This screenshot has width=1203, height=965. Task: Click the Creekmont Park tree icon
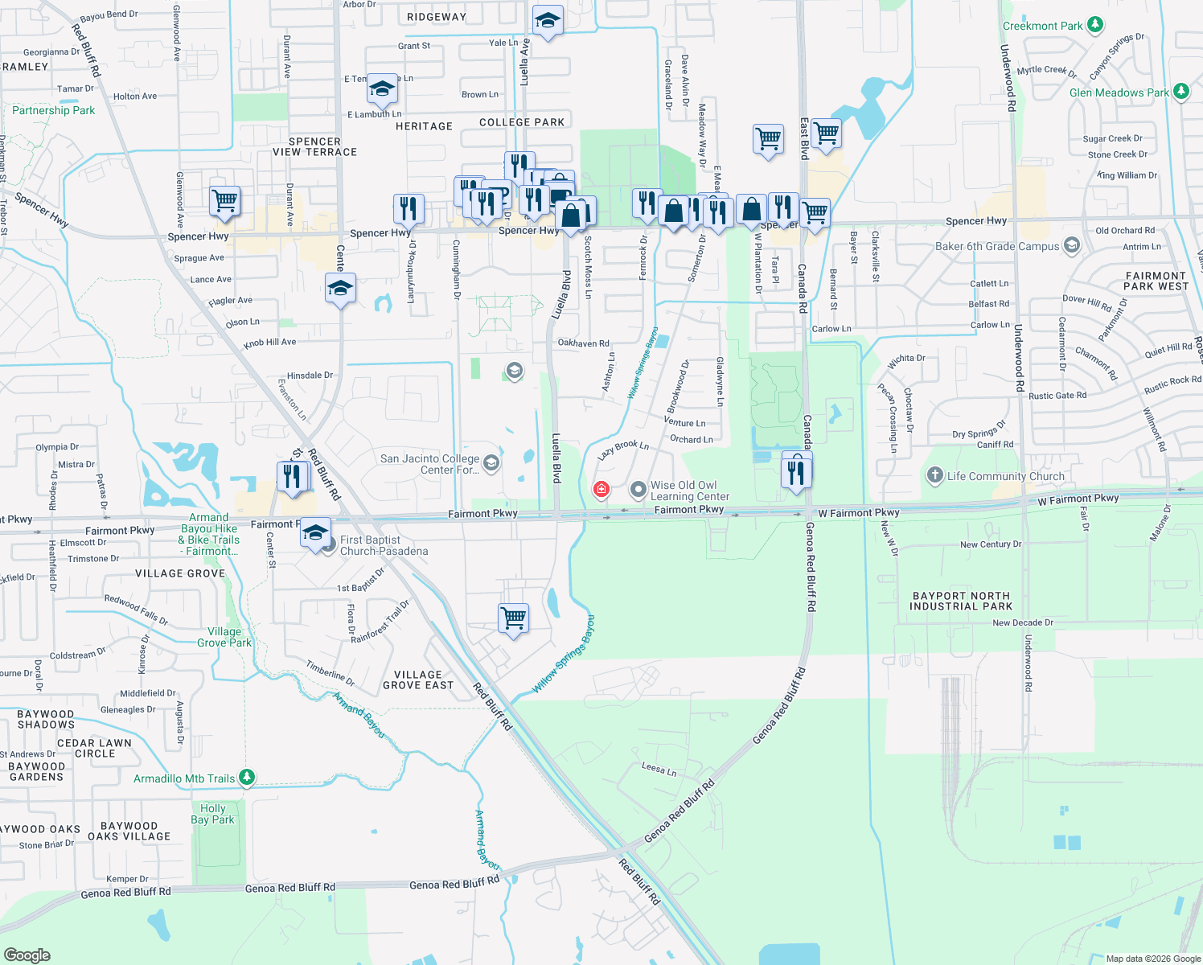pos(1095,26)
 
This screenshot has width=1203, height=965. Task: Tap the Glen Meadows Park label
pos(1119,92)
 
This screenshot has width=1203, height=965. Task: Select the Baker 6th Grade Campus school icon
pos(1071,246)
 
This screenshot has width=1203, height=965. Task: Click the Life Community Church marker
pos(934,475)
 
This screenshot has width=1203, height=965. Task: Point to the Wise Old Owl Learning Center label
pos(689,491)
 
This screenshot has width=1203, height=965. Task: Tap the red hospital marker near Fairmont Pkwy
pos(601,489)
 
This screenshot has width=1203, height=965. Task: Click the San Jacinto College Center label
pos(429,464)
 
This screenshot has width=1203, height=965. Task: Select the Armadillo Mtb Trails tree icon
pos(248,778)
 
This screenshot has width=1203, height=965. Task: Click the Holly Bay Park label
pos(212,814)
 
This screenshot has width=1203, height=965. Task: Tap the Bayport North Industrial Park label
pos(960,602)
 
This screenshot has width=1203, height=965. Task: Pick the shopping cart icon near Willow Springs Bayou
pos(513,618)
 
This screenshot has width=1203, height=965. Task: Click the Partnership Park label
pos(53,110)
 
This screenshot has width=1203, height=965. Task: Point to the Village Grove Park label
pos(224,637)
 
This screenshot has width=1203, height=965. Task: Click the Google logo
pos(27,955)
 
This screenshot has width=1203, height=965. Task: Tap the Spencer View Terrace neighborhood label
pos(314,146)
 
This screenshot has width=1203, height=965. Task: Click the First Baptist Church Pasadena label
pos(384,545)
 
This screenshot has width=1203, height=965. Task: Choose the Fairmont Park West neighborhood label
pos(1156,281)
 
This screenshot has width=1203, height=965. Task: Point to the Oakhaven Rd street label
pos(583,343)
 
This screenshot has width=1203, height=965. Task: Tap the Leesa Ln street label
pos(659,769)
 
